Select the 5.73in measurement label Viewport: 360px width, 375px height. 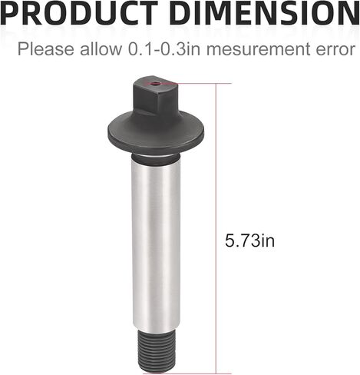[249, 241]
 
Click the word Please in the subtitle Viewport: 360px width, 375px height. [45, 49]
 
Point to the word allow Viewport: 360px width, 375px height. [101, 49]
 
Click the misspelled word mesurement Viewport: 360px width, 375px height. [258, 50]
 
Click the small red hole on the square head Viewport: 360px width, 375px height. [154, 84]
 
